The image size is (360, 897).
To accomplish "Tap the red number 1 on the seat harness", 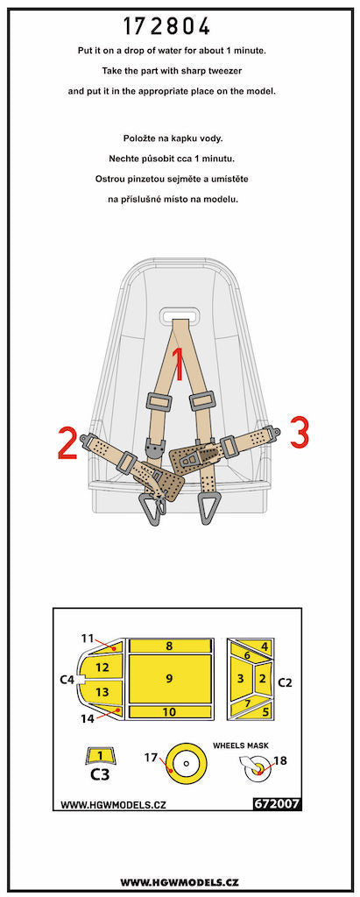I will pyautogui.click(x=178, y=364).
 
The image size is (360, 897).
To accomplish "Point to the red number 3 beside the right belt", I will pyautogui.click(x=298, y=432).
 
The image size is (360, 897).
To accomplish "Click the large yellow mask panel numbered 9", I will pyautogui.click(x=170, y=677).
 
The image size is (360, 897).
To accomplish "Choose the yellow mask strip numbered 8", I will pyautogui.click(x=170, y=646).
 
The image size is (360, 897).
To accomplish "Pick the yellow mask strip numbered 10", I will pyautogui.click(x=170, y=712).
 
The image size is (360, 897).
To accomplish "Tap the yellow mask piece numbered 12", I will pyautogui.click(x=102, y=667).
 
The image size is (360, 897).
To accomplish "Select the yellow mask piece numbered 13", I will pyautogui.click(x=102, y=693).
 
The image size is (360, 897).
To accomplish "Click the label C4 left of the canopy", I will pyautogui.click(x=67, y=679).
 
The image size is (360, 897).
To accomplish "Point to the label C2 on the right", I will pyautogui.click(x=284, y=681).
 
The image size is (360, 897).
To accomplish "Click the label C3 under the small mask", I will pyautogui.click(x=101, y=774).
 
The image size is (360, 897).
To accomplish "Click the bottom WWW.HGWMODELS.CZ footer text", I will pyautogui.click(x=180, y=881).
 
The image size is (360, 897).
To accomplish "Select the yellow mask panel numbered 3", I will pyautogui.click(x=239, y=678).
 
